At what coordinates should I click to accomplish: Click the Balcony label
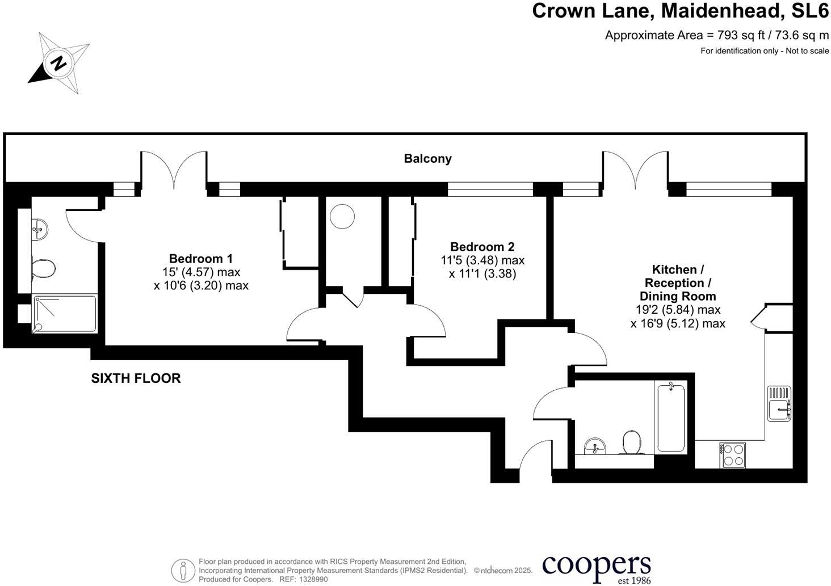click(x=427, y=159)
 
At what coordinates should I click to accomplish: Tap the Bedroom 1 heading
click(x=201, y=258)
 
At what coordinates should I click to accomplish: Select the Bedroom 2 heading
click(x=482, y=247)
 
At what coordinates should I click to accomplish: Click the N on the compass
click(x=58, y=64)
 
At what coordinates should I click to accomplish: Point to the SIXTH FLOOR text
click(x=136, y=378)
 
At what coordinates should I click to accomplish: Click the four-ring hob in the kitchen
click(x=733, y=455)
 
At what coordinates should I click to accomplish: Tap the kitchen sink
click(x=779, y=403)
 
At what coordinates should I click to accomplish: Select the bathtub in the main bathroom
click(x=671, y=418)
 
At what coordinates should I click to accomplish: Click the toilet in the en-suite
click(x=43, y=268)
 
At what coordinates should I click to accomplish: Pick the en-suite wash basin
click(x=40, y=229)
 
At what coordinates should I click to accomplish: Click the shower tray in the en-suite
click(x=65, y=314)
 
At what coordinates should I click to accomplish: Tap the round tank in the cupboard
click(x=342, y=216)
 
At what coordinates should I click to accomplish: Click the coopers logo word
click(x=597, y=566)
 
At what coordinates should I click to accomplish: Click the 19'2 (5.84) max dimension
click(x=678, y=309)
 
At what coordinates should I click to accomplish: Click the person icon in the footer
click(x=183, y=571)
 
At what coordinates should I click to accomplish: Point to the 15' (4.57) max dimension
click(x=201, y=272)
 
